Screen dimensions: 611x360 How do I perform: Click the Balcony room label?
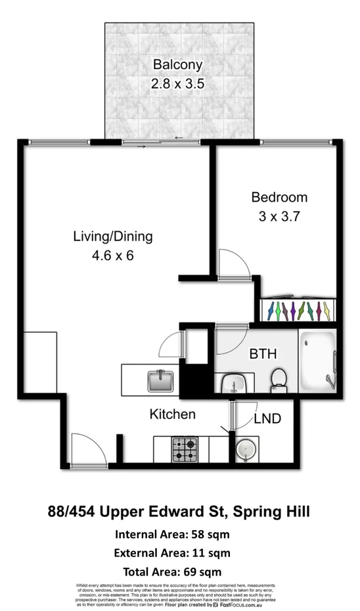point(177,65)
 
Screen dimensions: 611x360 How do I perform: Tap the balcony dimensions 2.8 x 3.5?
point(177,84)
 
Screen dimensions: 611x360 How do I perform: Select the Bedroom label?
point(279,197)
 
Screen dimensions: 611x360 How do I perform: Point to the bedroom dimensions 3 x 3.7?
point(279,217)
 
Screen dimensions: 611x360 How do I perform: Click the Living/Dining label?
point(112,237)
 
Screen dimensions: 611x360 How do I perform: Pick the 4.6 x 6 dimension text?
point(112,256)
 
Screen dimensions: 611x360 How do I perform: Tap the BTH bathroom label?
point(262,354)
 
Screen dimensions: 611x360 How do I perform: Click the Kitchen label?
point(172,415)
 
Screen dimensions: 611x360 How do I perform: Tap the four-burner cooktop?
point(186,450)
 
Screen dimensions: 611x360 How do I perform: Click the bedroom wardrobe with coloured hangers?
point(298,309)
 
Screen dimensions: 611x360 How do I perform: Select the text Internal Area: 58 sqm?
point(172,533)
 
